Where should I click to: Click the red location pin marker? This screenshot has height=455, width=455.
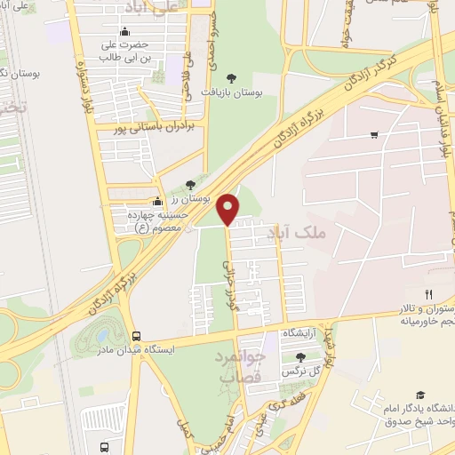(228, 208)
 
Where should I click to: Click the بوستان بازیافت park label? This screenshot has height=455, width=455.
(232, 92)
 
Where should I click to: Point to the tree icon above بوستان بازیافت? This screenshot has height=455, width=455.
(232, 79)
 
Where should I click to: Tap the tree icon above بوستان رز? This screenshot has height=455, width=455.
(190, 186)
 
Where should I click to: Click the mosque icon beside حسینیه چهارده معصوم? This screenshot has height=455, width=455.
(157, 201)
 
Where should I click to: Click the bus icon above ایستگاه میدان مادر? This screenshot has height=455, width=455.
(136, 336)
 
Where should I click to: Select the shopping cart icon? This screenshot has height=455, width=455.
(374, 135)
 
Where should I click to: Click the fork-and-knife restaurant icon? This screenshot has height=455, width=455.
(428, 294)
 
